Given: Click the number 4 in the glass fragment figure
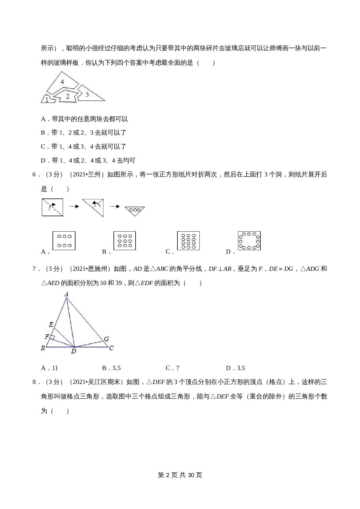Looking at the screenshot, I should (x=62, y=82).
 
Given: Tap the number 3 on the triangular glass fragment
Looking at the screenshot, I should (x=87, y=94).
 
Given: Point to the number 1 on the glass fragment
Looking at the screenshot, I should (x=47, y=100).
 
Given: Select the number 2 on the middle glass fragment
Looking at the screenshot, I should (x=68, y=96).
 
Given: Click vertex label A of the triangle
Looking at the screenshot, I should (x=66, y=295).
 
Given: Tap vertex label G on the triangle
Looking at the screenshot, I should (x=106, y=339).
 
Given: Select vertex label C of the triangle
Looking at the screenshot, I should (x=111, y=348).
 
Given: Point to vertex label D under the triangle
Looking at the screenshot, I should (x=74, y=351).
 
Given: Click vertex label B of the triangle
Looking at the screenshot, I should (x=43, y=348).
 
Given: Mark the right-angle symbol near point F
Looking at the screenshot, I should (x=53, y=337).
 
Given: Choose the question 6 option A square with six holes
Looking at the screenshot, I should (x=64, y=241).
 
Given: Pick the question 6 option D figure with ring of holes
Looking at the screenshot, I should (x=249, y=241).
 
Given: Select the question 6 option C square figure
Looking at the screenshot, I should (x=188, y=241).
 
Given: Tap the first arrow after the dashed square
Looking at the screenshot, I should (x=74, y=206).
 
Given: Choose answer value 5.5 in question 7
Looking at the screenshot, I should (x=116, y=368).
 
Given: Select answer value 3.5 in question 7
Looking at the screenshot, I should (x=241, y=368).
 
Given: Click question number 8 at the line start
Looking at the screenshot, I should (x=34, y=382).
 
